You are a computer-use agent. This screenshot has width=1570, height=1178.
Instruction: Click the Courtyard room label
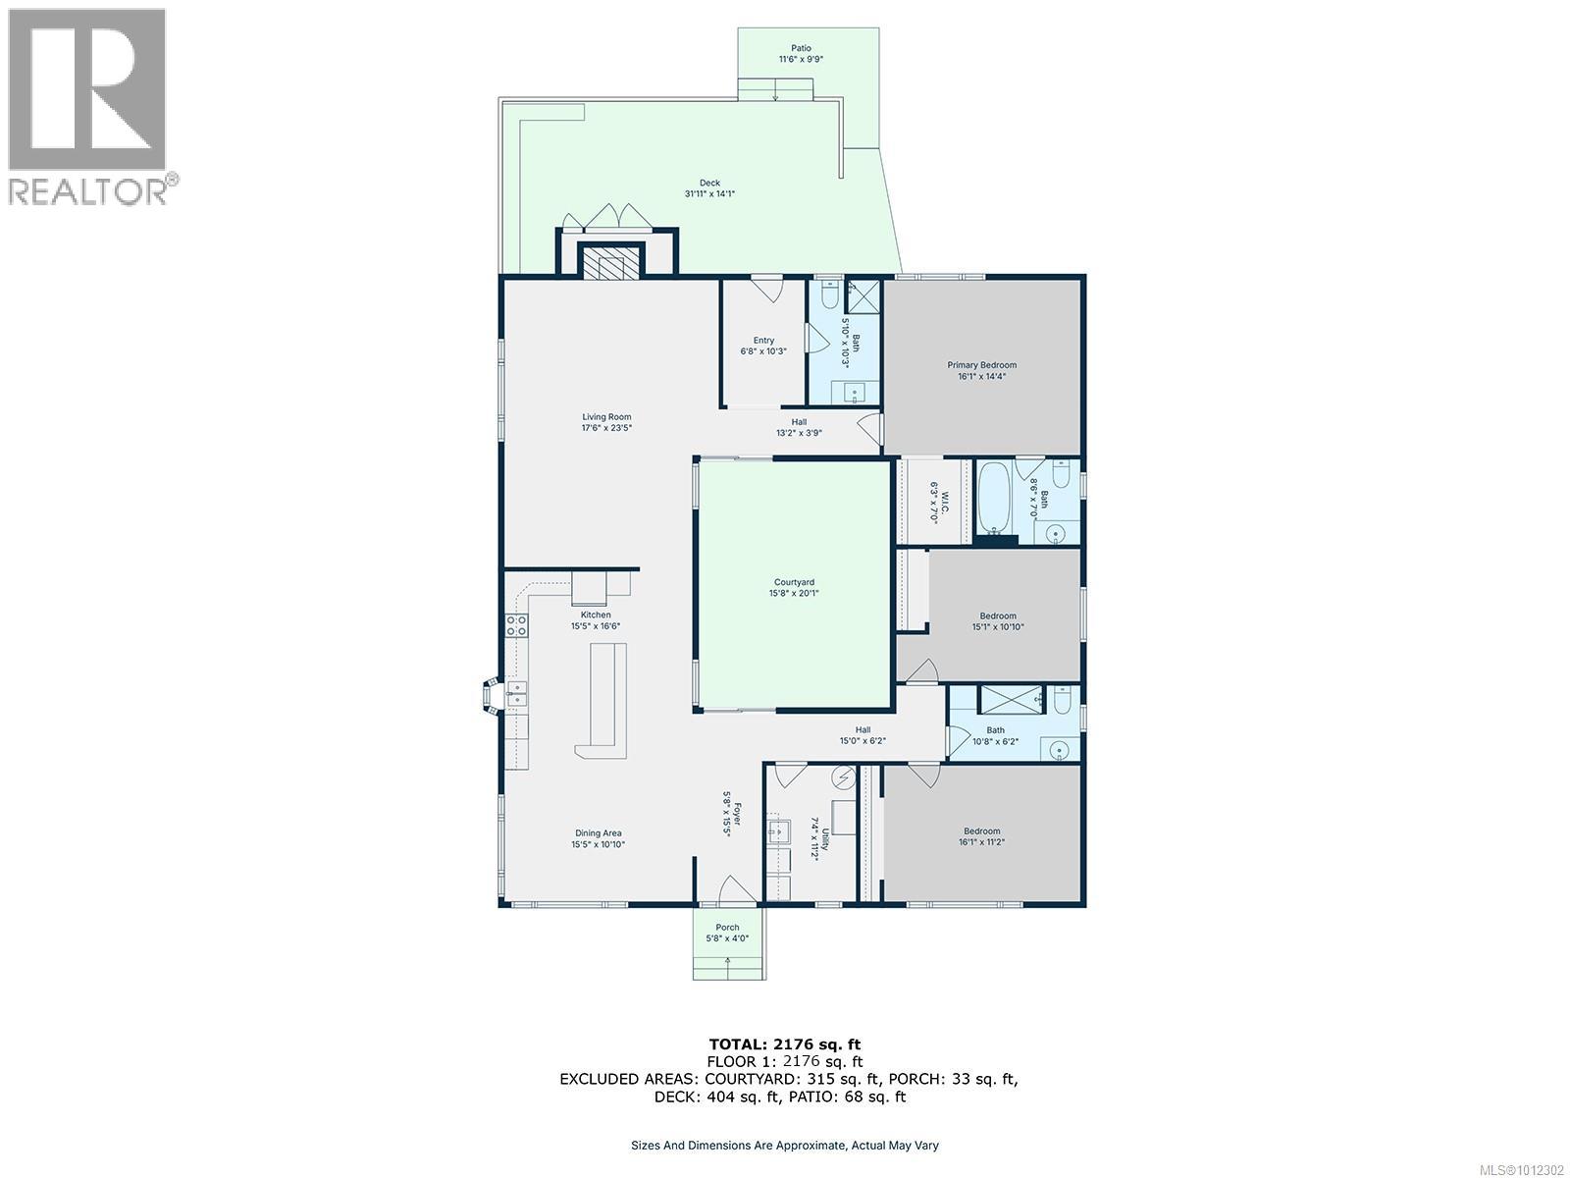tap(794, 582)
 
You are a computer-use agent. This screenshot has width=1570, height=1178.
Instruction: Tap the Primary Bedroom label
tap(981, 365)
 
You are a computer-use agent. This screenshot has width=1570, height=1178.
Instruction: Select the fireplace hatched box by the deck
tap(608, 262)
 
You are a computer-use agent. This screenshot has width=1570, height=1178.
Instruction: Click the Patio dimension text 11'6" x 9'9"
tap(801, 59)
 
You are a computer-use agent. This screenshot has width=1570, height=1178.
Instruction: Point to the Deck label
tap(709, 184)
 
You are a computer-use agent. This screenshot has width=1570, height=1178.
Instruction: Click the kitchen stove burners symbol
tap(517, 626)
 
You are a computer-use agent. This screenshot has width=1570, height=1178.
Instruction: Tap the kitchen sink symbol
tap(516, 693)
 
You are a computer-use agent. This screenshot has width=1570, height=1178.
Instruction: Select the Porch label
tap(727, 928)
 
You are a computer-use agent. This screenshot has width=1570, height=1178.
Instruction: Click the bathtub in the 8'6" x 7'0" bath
tap(992, 499)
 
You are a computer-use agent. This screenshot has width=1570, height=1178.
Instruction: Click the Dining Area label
tap(598, 833)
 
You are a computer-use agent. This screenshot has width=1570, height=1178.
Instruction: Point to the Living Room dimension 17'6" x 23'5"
tap(606, 428)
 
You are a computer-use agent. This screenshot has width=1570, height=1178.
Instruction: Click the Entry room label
tap(763, 341)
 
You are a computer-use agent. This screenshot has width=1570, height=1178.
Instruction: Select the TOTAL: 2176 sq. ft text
tap(785, 1044)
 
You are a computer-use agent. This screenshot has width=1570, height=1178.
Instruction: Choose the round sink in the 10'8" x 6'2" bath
tap(1059, 750)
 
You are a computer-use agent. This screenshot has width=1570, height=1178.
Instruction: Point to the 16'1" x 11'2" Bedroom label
tap(981, 831)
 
